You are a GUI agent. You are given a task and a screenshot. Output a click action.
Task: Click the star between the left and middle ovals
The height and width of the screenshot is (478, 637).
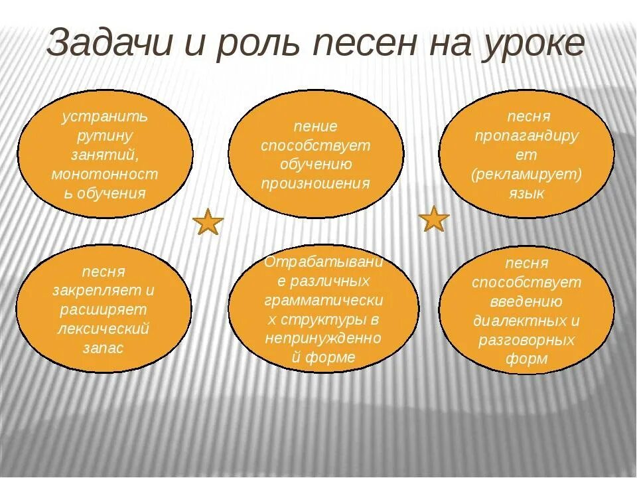click(208, 222)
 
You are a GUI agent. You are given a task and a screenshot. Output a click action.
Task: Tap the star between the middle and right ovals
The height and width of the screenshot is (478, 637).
click(435, 219)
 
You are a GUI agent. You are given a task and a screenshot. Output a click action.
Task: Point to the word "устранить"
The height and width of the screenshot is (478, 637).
click(105, 117)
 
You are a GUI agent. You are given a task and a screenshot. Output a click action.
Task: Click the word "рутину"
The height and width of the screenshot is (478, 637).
click(105, 136)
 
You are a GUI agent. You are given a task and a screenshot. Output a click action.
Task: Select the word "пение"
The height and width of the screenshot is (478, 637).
click(315, 126)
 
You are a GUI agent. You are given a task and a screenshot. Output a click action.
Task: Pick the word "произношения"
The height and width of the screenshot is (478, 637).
click(315, 183)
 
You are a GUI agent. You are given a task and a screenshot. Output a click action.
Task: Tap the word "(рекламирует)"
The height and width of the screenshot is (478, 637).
click(527, 175)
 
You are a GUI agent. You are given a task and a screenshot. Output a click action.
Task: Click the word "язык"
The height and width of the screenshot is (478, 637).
click(528, 194)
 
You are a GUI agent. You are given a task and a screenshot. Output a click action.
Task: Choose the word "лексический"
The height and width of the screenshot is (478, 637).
click(104, 329)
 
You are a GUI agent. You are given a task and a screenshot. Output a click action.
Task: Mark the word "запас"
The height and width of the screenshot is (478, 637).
click(104, 348)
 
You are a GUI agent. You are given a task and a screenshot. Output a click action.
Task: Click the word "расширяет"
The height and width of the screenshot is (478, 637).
click(104, 309)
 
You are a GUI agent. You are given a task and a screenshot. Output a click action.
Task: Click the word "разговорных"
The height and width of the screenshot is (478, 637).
click(526, 341)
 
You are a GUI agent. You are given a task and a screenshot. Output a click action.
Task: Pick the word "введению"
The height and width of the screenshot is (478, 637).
click(526, 302)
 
